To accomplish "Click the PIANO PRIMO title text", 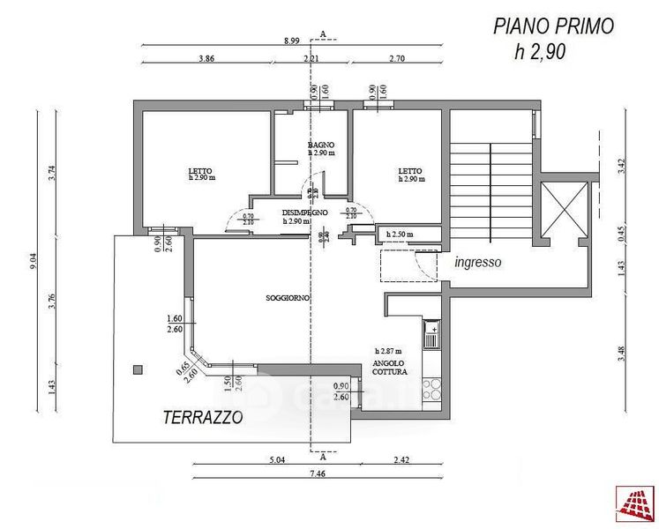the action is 553,26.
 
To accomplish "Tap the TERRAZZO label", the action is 202,418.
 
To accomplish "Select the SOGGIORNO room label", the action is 288,298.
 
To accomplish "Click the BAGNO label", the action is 320,145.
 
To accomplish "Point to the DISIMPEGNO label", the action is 305,213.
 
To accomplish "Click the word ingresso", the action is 478,262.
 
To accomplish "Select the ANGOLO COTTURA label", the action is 388,368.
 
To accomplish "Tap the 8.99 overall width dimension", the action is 292,41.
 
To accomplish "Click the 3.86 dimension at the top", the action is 206,58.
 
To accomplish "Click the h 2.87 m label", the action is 389,351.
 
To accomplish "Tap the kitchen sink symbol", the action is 431,334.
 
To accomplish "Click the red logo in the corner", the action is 635,505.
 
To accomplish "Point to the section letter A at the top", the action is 324,34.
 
